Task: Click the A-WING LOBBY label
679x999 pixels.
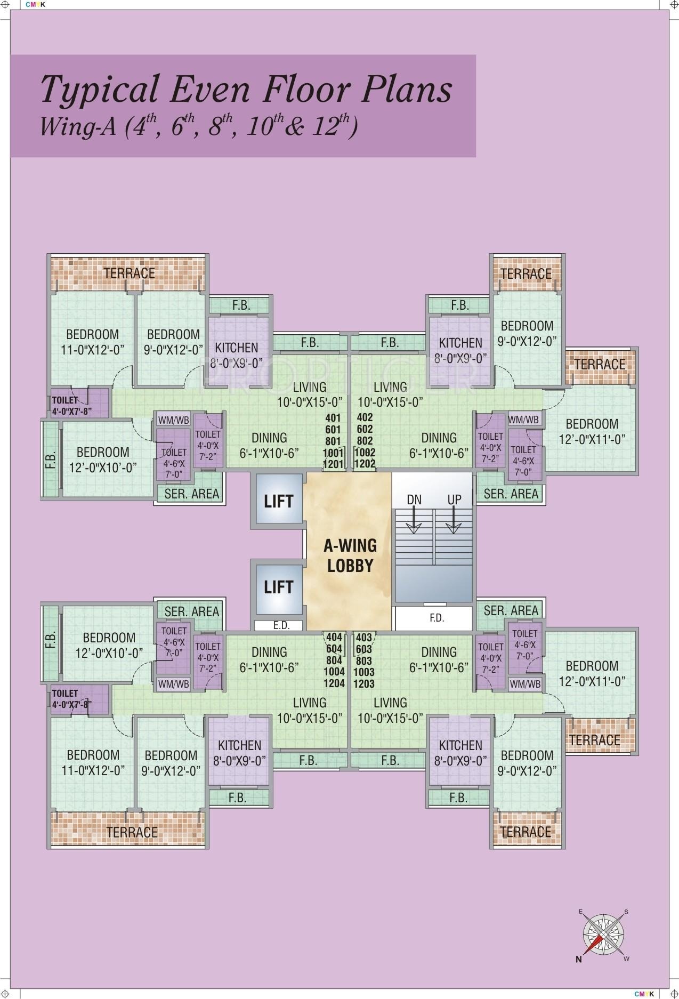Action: (351, 555)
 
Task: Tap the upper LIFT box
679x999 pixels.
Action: (278, 501)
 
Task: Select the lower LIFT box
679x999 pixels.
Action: (278, 587)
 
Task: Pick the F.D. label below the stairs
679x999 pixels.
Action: (436, 618)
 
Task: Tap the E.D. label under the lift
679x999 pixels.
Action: (281, 625)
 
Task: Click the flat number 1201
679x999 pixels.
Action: (334, 464)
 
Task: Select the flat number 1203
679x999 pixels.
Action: (364, 683)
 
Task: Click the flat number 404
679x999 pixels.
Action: (334, 637)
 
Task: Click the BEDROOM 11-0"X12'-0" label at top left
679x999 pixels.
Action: (92, 342)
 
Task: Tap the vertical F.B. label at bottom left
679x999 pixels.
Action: (51, 639)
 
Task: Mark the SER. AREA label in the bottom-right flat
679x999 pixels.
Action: (511, 610)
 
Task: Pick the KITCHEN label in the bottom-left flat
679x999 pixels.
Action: (239, 752)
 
